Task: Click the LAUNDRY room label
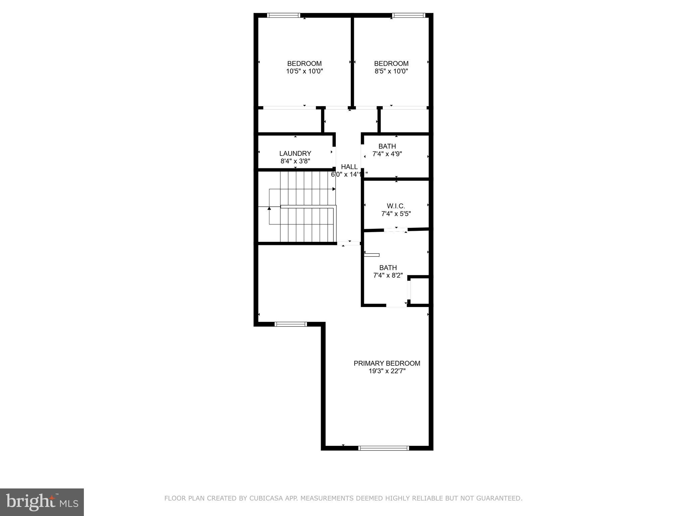(x=295, y=154)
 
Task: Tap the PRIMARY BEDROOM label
(x=387, y=363)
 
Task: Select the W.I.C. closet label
(x=396, y=206)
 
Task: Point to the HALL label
(x=349, y=167)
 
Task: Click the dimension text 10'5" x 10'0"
(x=304, y=71)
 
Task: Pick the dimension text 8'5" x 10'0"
(x=391, y=71)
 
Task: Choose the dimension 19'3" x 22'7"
(x=387, y=371)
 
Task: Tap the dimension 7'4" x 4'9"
(x=387, y=154)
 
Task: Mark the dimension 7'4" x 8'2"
(x=388, y=275)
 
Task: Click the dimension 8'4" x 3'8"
(x=295, y=161)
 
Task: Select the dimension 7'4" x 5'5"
(x=396, y=214)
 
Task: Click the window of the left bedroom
(x=283, y=15)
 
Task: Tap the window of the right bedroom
(x=409, y=15)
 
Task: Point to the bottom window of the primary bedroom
(x=384, y=448)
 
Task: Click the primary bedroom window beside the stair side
(x=290, y=324)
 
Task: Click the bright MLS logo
(x=42, y=502)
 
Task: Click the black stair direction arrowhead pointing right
(x=334, y=189)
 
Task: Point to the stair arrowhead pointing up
(x=269, y=209)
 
